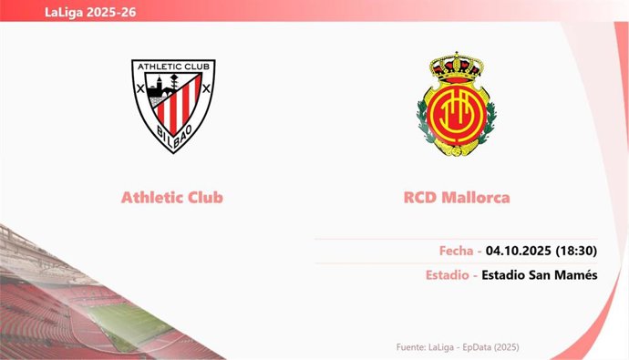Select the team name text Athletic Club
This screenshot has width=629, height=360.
pos(172,197)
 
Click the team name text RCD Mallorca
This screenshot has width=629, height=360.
pos(457,197)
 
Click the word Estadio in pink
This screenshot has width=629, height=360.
pos(448,275)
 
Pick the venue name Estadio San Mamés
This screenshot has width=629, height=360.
pos(539,275)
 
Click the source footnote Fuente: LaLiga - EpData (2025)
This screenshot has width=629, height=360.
pos(458,347)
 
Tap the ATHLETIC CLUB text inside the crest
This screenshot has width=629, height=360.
pos(173,67)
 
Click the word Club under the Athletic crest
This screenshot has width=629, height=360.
pos(203,197)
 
